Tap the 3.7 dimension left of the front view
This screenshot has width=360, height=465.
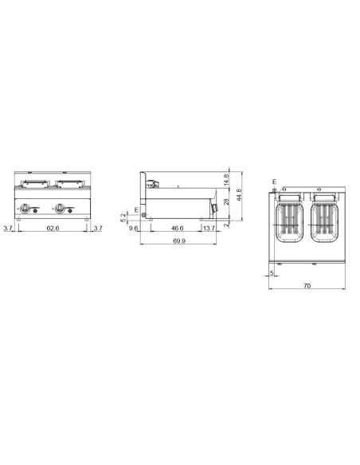coord(8,229)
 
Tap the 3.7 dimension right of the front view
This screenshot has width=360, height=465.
coord(97,229)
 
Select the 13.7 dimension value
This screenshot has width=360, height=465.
coord(209,229)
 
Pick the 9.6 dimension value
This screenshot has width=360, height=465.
coord(134,229)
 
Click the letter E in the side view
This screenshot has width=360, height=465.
coord(136,209)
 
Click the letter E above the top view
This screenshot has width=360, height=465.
coord(273,182)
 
